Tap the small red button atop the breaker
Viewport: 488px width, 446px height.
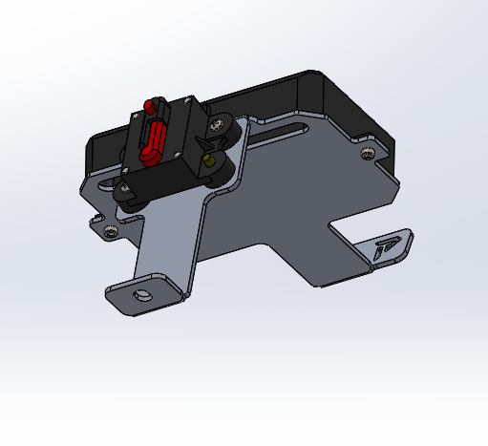pyautogui.click(x=149, y=104)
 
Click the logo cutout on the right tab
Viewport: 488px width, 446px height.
pyautogui.click(x=389, y=247)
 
